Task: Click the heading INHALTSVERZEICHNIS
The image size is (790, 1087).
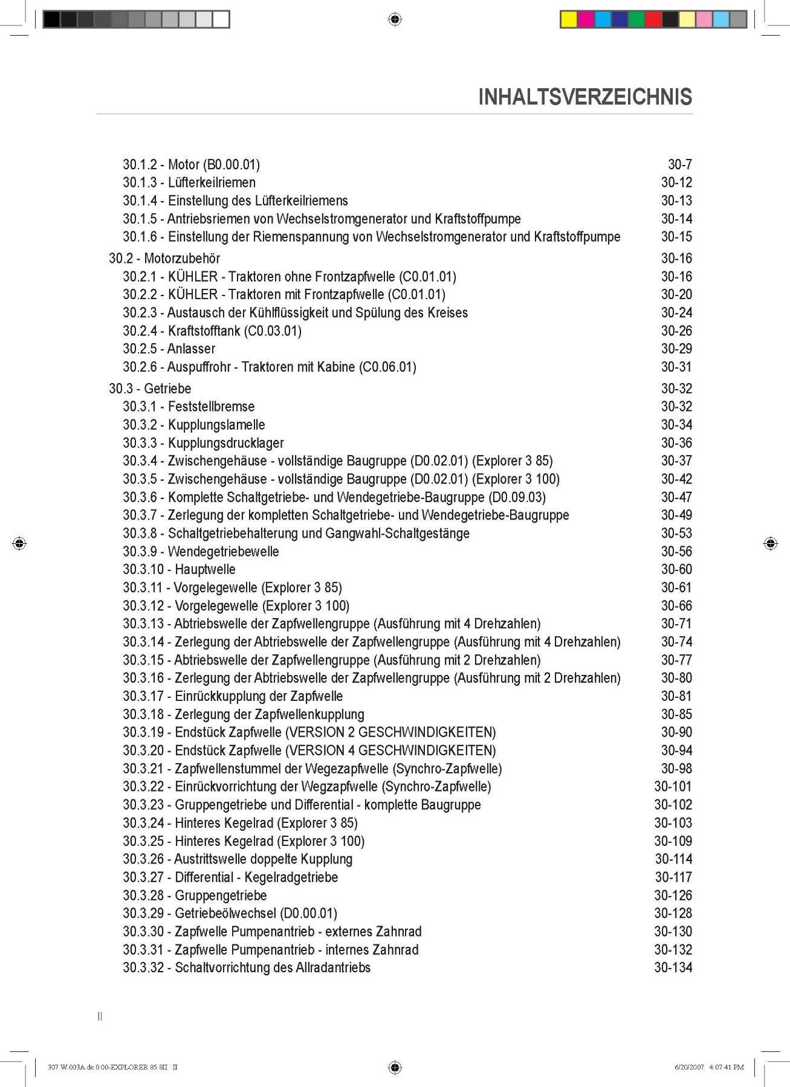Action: pyautogui.click(x=584, y=97)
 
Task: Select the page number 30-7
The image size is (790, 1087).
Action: pyautogui.click(x=680, y=164)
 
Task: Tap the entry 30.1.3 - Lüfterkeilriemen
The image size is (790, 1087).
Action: pyautogui.click(x=189, y=182)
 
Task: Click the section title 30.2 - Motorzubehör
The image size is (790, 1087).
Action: pyautogui.click(x=164, y=259)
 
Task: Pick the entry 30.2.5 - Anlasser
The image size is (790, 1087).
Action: pyautogui.click(x=169, y=349)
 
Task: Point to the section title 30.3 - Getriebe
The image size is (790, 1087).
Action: pyautogui.click(x=150, y=389)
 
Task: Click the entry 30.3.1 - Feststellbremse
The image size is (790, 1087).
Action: pyautogui.click(x=189, y=407)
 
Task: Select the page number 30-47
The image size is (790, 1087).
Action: pyautogui.click(x=676, y=497)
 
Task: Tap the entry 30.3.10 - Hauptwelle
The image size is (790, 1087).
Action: pyautogui.click(x=179, y=569)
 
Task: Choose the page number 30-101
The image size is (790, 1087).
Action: pyautogui.click(x=673, y=787)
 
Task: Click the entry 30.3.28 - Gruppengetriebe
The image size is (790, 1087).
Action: pyautogui.click(x=195, y=895)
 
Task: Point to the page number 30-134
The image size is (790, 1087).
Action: pyautogui.click(x=673, y=967)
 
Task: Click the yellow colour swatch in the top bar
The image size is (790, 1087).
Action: pyautogui.click(x=569, y=19)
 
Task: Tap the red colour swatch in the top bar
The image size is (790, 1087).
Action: pyautogui.click(x=653, y=19)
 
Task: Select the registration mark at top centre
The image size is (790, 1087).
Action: pyautogui.click(x=395, y=19)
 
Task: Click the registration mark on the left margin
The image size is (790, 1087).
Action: pyautogui.click(x=19, y=543)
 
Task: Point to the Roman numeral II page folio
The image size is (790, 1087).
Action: pyautogui.click(x=100, y=1016)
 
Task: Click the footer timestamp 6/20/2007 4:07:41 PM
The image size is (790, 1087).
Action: pyautogui.click(x=709, y=1067)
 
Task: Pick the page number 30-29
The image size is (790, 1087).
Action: pyautogui.click(x=676, y=349)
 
